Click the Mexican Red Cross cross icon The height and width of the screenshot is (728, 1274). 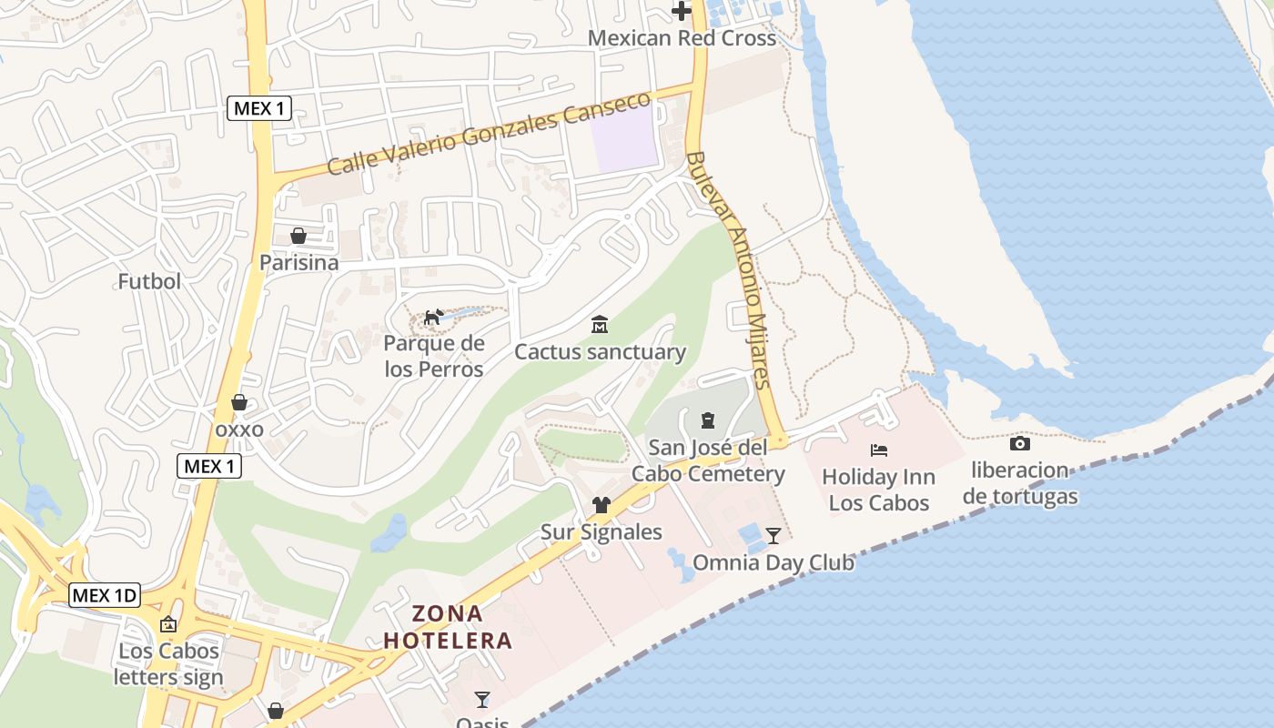click(x=682, y=11)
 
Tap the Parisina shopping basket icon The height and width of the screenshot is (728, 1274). click(x=298, y=237)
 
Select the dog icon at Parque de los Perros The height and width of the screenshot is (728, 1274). click(x=434, y=317)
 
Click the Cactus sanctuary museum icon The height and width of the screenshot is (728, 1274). click(x=600, y=325)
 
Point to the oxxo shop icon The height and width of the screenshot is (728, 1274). click(x=239, y=402)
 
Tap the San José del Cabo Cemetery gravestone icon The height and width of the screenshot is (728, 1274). click(x=707, y=420)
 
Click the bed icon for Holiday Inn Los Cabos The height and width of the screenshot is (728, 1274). click(x=878, y=450)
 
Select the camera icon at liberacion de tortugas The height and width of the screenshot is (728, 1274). click(x=1020, y=444)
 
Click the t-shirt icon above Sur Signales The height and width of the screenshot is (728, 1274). click(x=601, y=505)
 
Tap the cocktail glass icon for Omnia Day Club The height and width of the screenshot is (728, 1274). click(x=773, y=535)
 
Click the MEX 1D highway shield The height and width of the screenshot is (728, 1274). click(x=105, y=596)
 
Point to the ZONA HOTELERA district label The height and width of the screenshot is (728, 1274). click(x=447, y=627)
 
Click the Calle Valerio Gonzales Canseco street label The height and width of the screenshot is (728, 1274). click(x=489, y=135)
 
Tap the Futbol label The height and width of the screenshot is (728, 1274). click(x=149, y=281)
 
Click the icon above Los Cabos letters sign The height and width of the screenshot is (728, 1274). click(x=168, y=624)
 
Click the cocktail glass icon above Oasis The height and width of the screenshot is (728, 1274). click(x=482, y=699)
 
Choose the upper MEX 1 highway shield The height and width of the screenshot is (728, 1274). click(x=259, y=109)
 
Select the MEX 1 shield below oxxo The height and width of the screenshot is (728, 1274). click(x=209, y=467)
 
